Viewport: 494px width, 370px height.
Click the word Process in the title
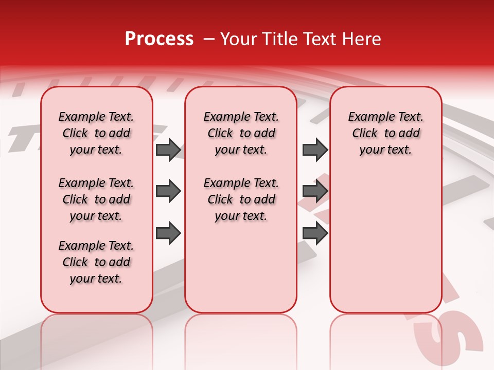click(x=159, y=39)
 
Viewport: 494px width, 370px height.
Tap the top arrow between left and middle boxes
click(x=168, y=150)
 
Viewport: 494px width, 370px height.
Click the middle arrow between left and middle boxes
click(x=168, y=192)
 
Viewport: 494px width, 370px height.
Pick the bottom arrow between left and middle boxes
click(x=168, y=233)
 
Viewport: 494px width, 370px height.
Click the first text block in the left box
click(x=96, y=133)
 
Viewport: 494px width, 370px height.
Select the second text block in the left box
click(x=96, y=199)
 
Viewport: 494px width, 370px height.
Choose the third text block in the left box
click(x=96, y=262)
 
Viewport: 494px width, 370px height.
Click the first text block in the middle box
click(x=241, y=133)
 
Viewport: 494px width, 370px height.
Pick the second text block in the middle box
click(x=241, y=199)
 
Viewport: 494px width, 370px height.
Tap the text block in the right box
click(x=386, y=133)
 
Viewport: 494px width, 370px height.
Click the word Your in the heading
click(x=238, y=39)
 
